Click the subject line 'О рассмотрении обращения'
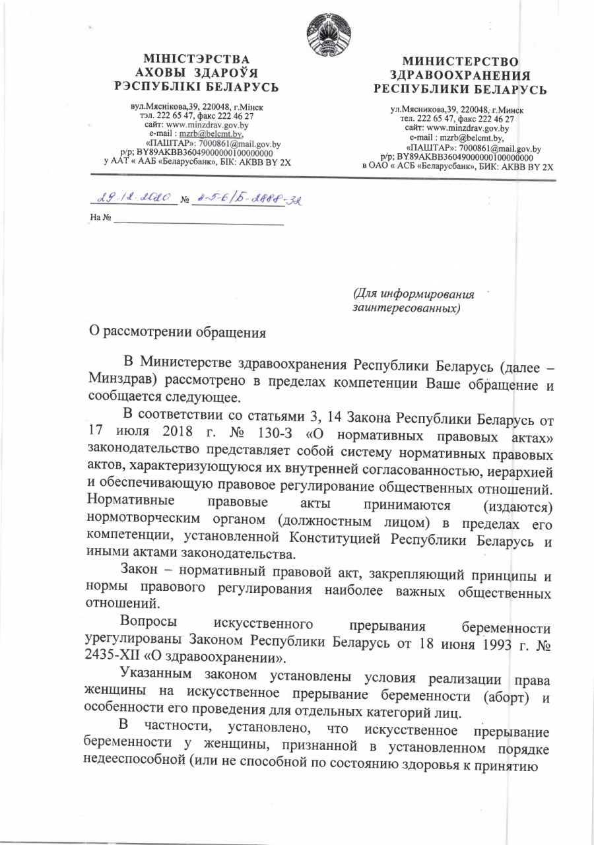[x=178, y=331]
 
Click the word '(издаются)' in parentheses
[x=517, y=506]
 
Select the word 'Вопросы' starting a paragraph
[x=147, y=623]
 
